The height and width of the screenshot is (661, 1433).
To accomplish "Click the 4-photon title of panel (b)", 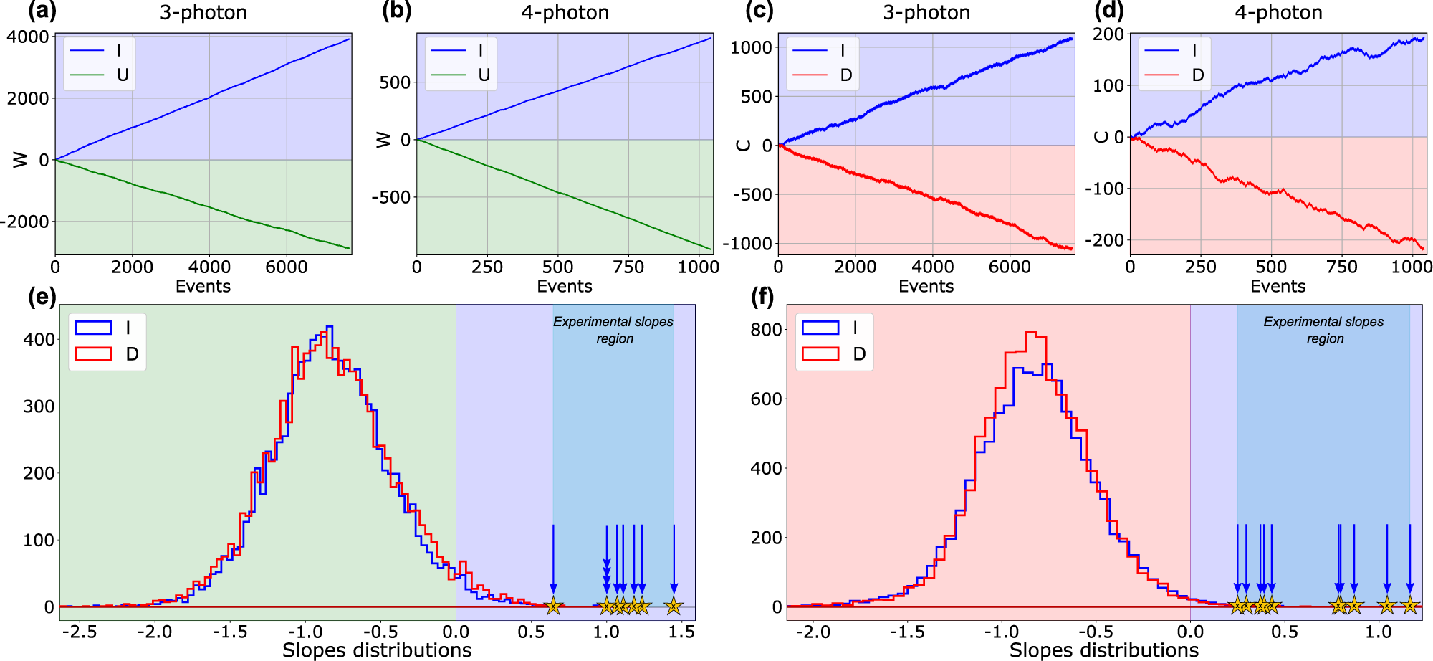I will [x=565, y=12].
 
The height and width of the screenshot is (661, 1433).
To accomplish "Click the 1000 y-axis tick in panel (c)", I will [x=751, y=47].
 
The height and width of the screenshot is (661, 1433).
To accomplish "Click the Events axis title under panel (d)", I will [x=1278, y=286].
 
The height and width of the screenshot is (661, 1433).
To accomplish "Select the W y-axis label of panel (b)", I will [x=384, y=140].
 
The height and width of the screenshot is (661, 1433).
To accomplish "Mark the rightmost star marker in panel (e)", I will [x=673, y=607].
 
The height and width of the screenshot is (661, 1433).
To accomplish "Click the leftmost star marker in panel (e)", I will [x=553, y=607].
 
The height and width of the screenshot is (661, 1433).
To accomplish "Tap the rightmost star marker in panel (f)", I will [x=1409, y=606].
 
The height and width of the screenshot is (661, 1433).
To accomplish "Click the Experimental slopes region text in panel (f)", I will [x=1323, y=330].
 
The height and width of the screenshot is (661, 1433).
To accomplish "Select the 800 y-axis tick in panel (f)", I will [x=766, y=330].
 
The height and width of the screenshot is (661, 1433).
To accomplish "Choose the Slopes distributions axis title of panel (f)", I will [x=1103, y=650].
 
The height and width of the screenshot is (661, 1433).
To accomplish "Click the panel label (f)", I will [x=762, y=297].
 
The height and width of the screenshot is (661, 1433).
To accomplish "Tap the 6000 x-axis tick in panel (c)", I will [x=1009, y=267].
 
